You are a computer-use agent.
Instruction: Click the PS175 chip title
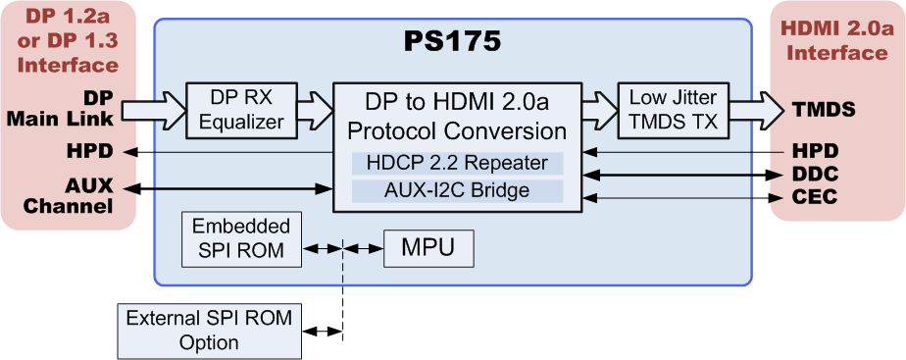pyautogui.click(x=452, y=41)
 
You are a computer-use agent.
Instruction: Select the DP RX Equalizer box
pyautogui.click(x=247, y=109)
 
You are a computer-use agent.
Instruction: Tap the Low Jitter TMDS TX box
pyautogui.click(x=673, y=109)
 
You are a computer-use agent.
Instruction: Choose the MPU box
pyautogui.click(x=428, y=249)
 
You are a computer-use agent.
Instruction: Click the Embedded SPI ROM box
pyautogui.click(x=239, y=238)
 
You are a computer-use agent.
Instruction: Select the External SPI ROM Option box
pyautogui.click(x=209, y=331)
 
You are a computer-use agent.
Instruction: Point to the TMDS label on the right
pyautogui.click(x=824, y=109)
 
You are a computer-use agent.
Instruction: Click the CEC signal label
pyautogui.click(x=813, y=198)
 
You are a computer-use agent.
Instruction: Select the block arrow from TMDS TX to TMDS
pyautogui.click(x=757, y=109)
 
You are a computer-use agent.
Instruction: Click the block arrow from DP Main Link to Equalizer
pyautogui.click(x=153, y=108)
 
